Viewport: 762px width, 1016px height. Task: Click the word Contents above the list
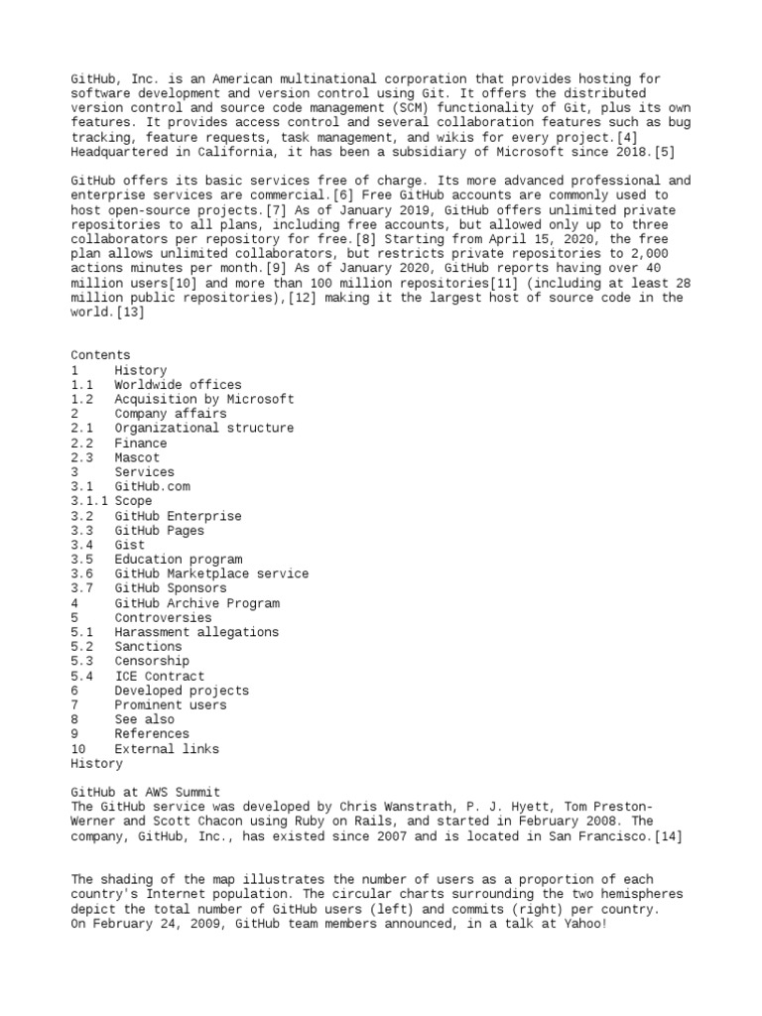(x=100, y=355)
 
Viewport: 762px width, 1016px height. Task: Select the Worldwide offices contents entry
(x=178, y=385)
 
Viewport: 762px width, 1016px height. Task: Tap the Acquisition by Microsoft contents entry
(x=203, y=399)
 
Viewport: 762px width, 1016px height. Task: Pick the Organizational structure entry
(x=203, y=429)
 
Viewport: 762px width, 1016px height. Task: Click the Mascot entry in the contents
(x=136, y=457)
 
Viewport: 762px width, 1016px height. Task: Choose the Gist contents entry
(x=129, y=545)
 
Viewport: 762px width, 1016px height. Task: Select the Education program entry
(x=178, y=560)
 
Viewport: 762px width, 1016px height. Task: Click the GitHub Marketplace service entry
(x=211, y=574)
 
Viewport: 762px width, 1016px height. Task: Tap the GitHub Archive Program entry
(x=196, y=603)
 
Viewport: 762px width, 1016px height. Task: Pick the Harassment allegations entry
(x=196, y=632)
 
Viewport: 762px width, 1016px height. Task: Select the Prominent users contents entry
(x=170, y=705)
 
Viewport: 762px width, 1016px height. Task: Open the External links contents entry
(x=167, y=749)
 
